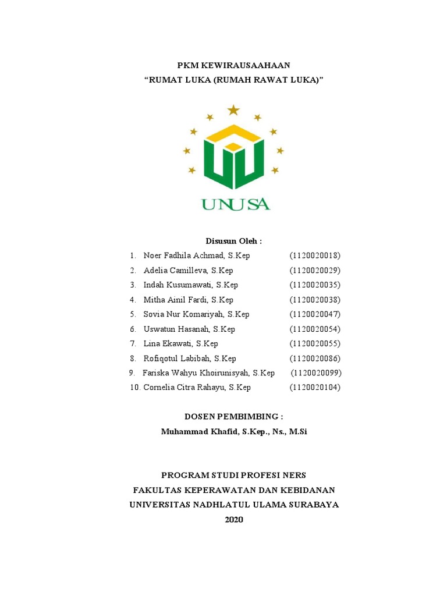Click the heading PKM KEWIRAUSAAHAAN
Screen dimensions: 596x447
coord(233,65)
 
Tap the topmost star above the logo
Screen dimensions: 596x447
coord(233,109)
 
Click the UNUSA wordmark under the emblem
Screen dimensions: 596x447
coord(235,204)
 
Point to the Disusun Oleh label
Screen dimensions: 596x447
coord(233,241)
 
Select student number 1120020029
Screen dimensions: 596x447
coord(315,270)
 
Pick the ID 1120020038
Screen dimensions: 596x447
coord(315,300)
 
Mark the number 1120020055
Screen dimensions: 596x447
coord(315,343)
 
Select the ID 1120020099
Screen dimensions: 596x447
coord(316,373)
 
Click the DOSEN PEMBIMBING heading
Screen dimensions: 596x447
coord(233,417)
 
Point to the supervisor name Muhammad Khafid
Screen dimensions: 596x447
coord(200,432)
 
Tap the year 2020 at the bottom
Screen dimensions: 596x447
coord(233,519)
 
